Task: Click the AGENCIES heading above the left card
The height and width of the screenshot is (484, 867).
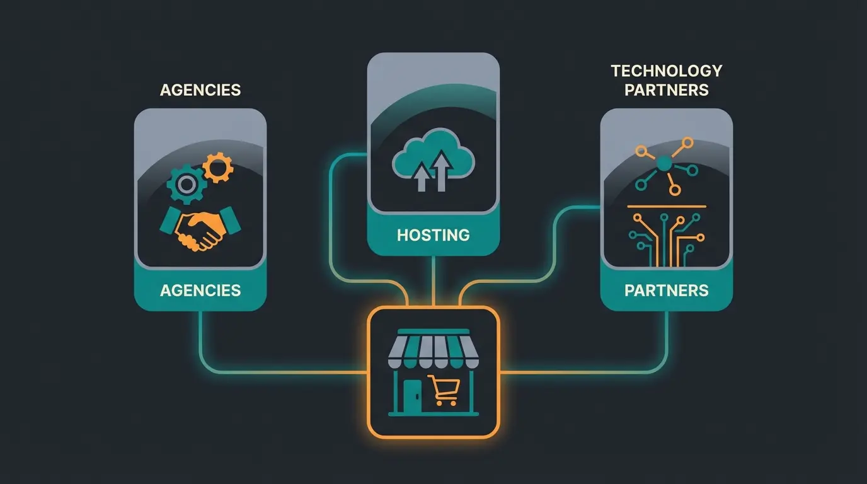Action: [200, 89]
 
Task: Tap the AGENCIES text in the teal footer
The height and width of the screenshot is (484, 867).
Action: [200, 290]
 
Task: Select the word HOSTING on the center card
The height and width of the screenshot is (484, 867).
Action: [433, 235]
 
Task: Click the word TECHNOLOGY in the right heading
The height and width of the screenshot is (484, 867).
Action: [666, 71]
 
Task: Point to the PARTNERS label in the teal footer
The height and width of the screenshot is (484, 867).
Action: [666, 290]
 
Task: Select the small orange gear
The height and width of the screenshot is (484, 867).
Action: [218, 168]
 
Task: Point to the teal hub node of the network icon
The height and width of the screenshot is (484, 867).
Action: [663, 164]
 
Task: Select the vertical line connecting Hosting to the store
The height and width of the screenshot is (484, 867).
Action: [433, 280]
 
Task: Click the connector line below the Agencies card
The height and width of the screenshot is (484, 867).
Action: [200, 340]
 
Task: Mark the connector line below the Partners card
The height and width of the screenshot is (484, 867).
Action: [666, 340]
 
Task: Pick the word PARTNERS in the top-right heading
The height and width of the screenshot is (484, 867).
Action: [666, 90]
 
